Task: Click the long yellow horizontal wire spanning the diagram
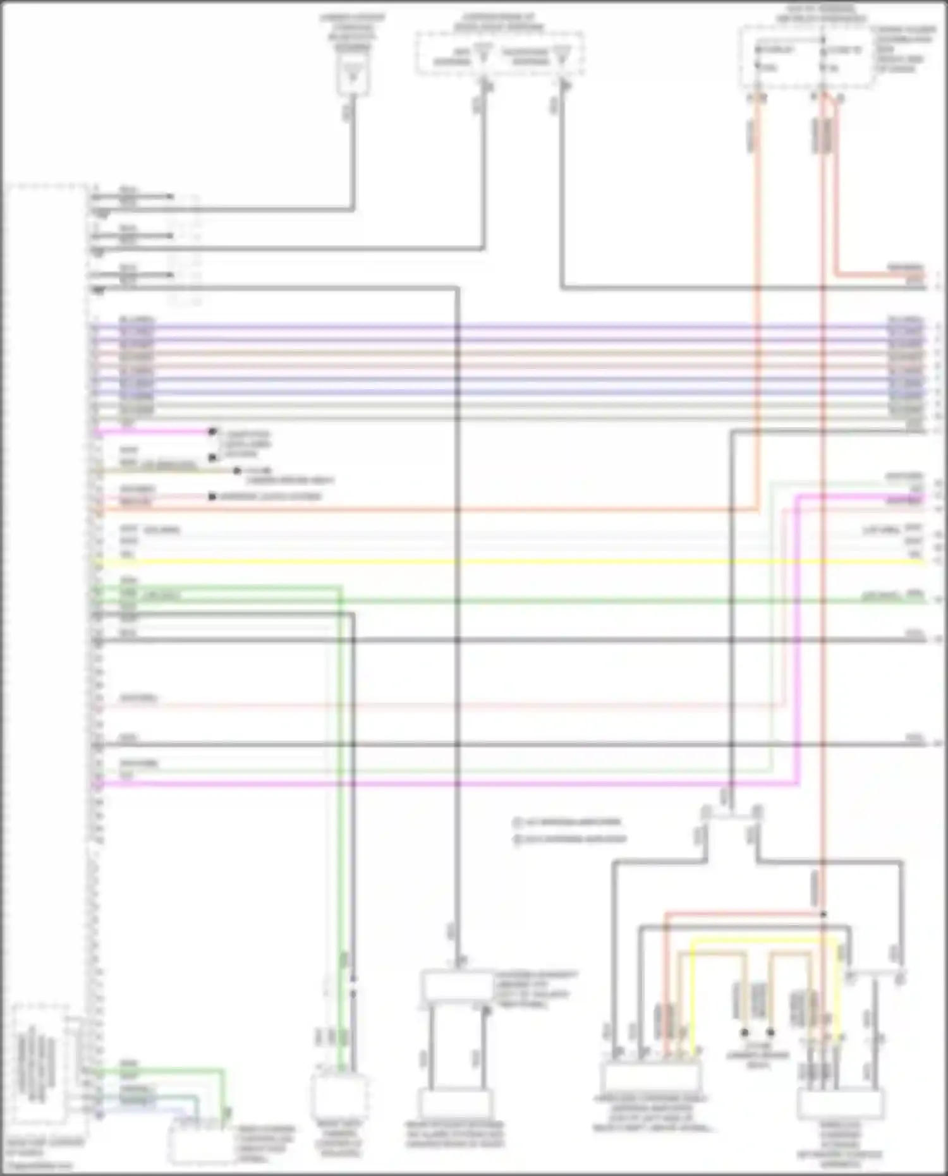(x=506, y=561)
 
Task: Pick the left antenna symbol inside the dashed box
(x=483, y=54)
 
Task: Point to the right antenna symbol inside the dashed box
(x=560, y=54)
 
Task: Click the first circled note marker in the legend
(x=518, y=823)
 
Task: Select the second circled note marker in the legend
(x=518, y=840)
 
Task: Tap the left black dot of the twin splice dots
(x=744, y=1033)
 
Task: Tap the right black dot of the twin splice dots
(x=770, y=1033)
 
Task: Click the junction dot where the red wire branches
(x=823, y=914)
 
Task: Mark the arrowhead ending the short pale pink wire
(x=213, y=497)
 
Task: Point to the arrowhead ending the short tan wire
(x=237, y=471)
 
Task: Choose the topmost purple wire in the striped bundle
(x=506, y=327)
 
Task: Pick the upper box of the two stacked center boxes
(x=456, y=986)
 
